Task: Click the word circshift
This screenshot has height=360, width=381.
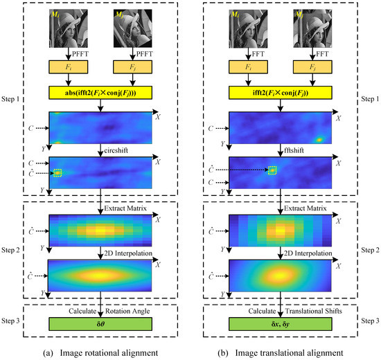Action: click(x=121, y=148)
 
